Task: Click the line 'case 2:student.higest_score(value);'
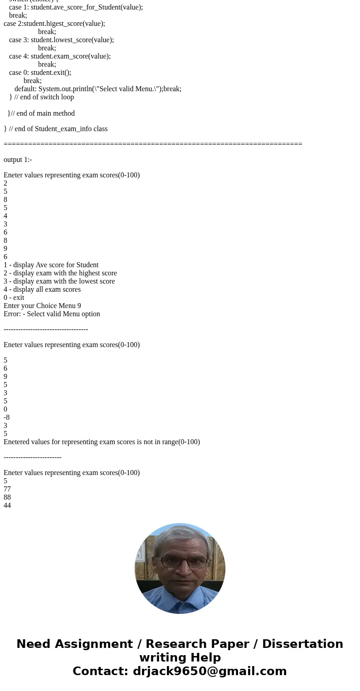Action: point(54,24)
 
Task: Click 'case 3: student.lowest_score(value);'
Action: point(61,40)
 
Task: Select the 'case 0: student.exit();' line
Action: point(40,73)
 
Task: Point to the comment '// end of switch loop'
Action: point(44,97)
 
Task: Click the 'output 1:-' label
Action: point(18,160)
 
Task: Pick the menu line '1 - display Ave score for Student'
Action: point(51,265)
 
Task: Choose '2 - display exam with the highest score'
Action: point(60,273)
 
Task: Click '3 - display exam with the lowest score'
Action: point(59,281)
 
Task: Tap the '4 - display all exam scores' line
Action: point(42,289)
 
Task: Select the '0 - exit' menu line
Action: point(14,298)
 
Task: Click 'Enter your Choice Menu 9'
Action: point(42,306)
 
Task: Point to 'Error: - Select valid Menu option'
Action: point(52,314)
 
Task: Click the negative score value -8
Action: point(6,417)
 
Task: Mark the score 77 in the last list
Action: point(7,489)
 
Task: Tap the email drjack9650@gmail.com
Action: point(209,671)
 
